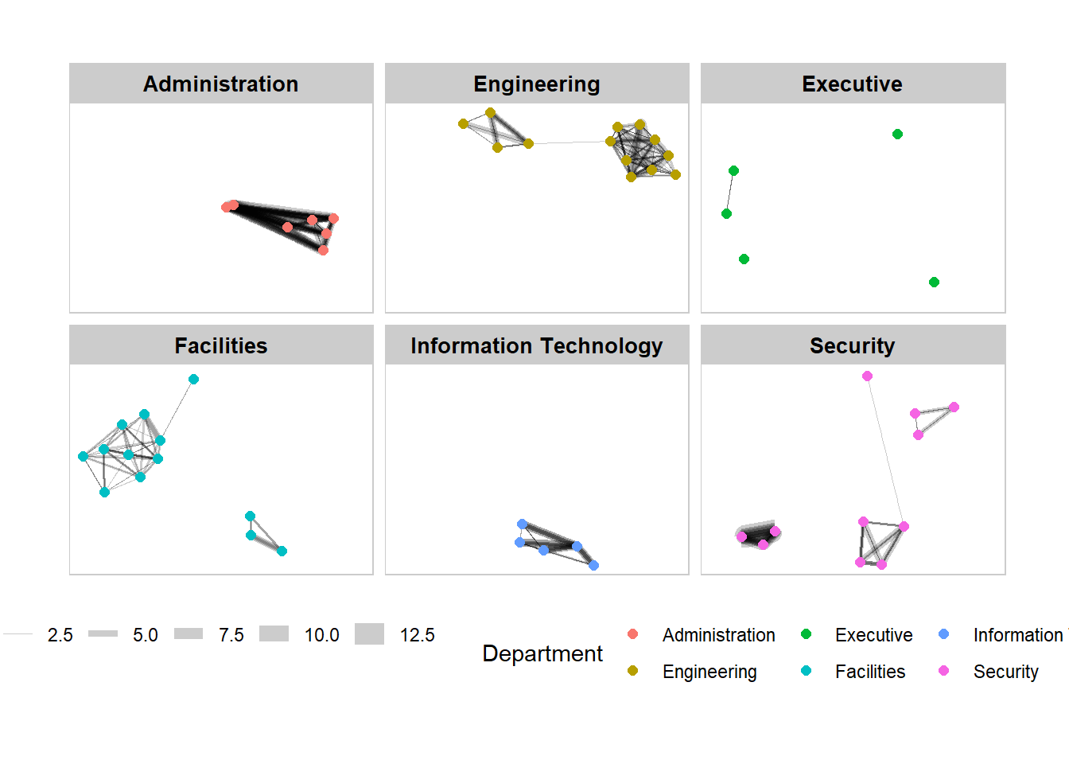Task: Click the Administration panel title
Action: tap(221, 84)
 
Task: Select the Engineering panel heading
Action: tap(537, 84)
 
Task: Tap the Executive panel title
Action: tap(852, 84)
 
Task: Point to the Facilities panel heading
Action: tap(221, 345)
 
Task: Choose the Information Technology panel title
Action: tap(537, 345)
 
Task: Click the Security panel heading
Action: tap(852, 345)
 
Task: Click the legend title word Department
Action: tap(542, 653)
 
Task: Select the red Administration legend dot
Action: tap(632, 634)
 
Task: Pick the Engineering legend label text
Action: tap(709, 672)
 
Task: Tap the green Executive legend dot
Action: tap(806, 634)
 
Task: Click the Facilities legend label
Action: tap(870, 672)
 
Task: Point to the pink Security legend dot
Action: tap(944, 671)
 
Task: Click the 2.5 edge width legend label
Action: tap(60, 635)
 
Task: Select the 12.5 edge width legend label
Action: tap(417, 635)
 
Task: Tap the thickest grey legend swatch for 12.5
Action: tap(369, 634)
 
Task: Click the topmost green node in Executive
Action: tap(897, 134)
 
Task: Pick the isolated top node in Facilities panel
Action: tap(193, 379)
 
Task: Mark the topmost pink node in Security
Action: tap(867, 376)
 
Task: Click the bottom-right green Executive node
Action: tap(934, 282)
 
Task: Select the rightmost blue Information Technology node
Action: tap(593, 565)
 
